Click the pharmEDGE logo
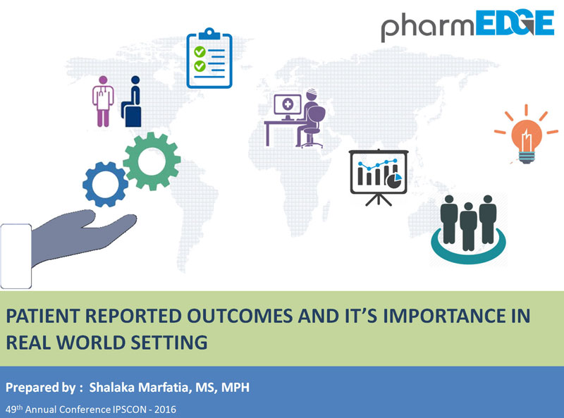point(467,25)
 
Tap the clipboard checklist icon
point(209,59)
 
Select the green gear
point(152,161)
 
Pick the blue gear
point(105,184)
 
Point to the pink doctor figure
point(103,102)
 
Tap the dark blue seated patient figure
point(132,102)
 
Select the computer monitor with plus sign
point(288,106)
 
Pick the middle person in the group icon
point(468,226)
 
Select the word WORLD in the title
point(90,342)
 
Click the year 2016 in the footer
point(165,410)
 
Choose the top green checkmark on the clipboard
point(200,52)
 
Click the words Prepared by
point(41,388)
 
